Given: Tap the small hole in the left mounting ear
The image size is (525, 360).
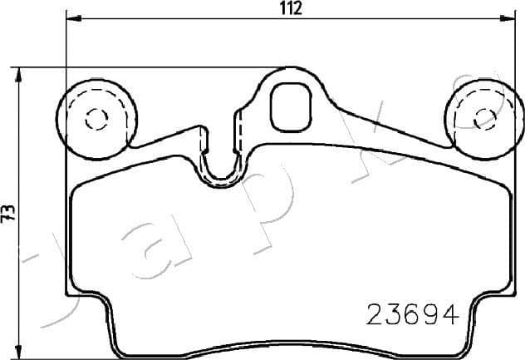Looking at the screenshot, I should tap(96, 118).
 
